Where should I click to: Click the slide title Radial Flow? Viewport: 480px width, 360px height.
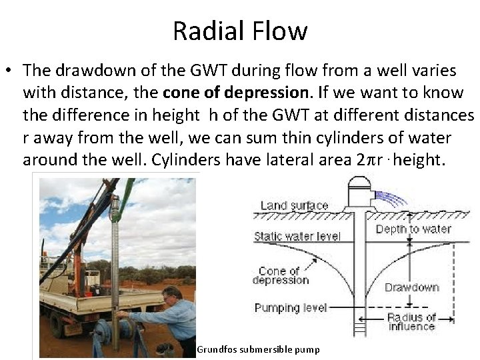[x=240, y=31]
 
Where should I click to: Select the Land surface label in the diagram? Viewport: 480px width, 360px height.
[x=294, y=205]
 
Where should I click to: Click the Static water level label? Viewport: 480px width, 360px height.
[x=297, y=237]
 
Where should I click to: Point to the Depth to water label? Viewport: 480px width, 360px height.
[x=413, y=229]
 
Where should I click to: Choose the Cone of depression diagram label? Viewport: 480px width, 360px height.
[x=280, y=275]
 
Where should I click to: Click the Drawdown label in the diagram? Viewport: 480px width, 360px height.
[x=411, y=287]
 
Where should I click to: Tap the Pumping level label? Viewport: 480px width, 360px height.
[x=291, y=307]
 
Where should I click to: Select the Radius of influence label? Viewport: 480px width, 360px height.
[x=411, y=321]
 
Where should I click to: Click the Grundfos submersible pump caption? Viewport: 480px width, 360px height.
[x=258, y=349]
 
